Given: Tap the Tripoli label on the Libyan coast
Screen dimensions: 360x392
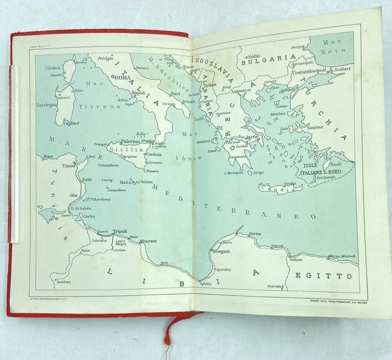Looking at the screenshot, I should pos(119,230).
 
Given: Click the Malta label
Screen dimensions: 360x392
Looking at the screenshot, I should pos(125,182).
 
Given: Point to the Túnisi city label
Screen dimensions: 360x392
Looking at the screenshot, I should pos(68,165).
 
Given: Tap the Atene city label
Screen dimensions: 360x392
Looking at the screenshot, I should pos(252,137).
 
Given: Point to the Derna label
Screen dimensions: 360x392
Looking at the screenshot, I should pos(255,234).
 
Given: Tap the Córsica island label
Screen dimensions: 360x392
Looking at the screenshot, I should pos(53,68).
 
